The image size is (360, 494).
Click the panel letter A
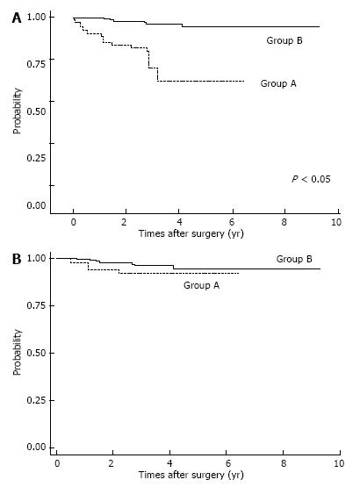[17, 18]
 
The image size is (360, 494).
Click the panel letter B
[17, 260]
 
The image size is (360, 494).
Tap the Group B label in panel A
[284, 40]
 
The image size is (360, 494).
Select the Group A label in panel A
[278, 83]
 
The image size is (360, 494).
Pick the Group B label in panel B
[294, 259]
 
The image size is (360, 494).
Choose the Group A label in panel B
[201, 285]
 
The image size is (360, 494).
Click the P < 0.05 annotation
[311, 179]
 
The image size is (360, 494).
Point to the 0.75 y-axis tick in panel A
[36, 64]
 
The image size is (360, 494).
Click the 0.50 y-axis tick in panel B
[36, 354]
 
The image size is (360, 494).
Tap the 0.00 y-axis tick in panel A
[36, 205]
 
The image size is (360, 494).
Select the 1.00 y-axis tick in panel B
[36, 258]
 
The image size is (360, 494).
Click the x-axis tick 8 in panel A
[284, 222]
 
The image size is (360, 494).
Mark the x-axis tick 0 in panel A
[73, 222]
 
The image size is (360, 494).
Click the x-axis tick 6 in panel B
[228, 463]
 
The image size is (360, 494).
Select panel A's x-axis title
[191, 233]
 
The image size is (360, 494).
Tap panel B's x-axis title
[191, 475]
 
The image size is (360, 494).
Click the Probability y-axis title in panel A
[17, 111]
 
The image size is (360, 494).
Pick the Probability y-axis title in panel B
[17, 352]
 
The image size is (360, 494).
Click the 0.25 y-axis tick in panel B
[36, 400]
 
